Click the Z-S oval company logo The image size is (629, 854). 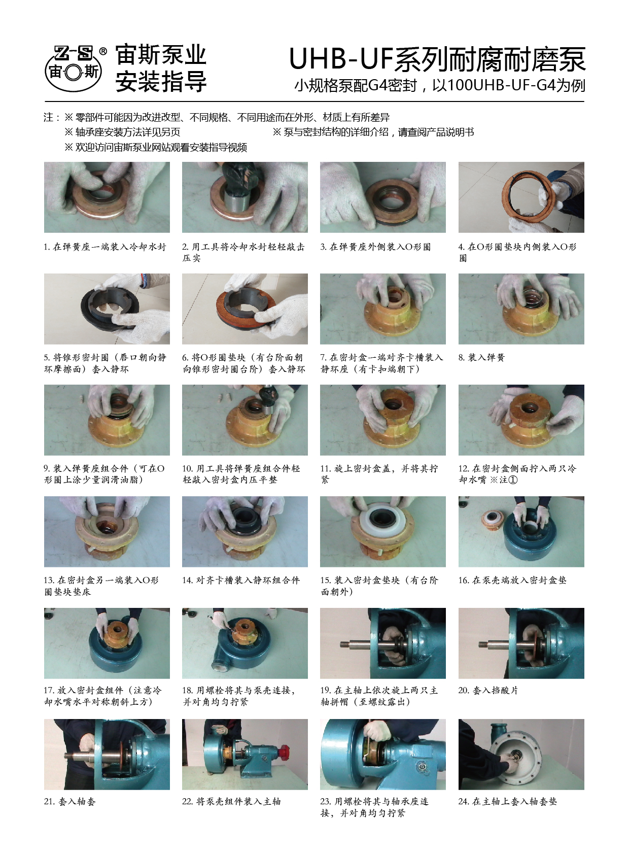point(74,69)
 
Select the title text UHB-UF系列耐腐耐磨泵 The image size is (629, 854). point(437,59)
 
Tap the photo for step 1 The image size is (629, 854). point(107,197)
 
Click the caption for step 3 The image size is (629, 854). point(375,247)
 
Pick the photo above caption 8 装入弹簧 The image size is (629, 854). point(521,309)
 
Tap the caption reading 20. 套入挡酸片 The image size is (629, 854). point(488,691)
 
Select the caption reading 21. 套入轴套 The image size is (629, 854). point(70,801)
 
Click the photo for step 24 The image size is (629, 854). point(521,754)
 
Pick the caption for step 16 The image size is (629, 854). point(512,580)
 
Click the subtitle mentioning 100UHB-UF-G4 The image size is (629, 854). point(439,85)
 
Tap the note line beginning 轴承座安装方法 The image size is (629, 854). point(122,132)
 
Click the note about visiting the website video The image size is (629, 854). point(156,148)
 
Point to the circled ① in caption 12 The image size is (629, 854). point(513,480)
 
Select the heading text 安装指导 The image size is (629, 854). point(161,82)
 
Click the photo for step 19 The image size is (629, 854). point(383,643)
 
